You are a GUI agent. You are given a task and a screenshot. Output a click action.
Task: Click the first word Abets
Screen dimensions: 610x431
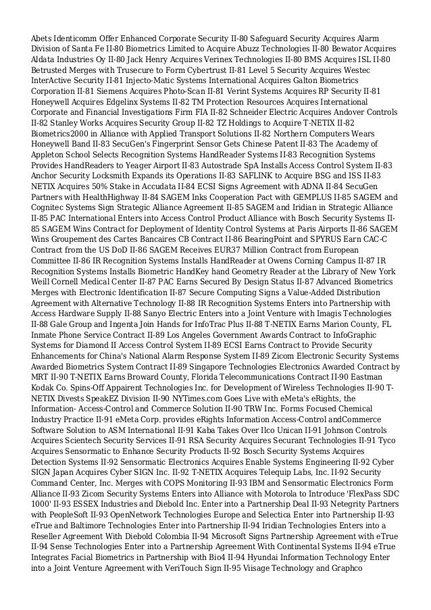pos(42,38)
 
